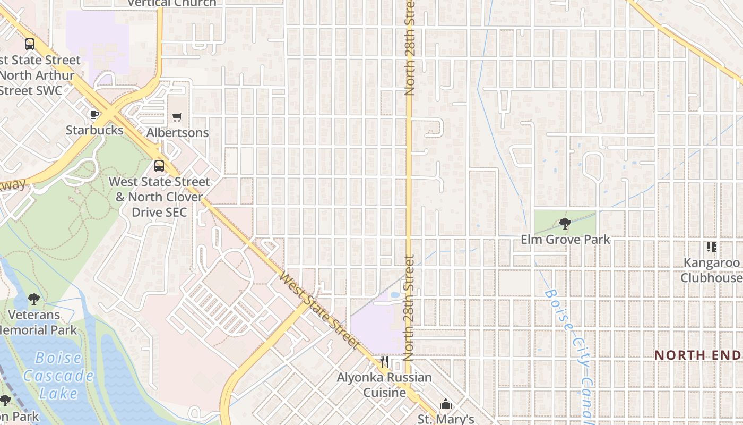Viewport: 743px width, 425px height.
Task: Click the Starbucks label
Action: click(x=94, y=130)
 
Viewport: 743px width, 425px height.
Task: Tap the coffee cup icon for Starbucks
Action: click(x=94, y=114)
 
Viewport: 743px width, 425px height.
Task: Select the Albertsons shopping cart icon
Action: click(x=177, y=117)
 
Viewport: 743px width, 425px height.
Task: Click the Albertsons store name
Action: click(x=177, y=132)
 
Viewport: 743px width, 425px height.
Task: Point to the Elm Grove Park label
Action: click(x=565, y=240)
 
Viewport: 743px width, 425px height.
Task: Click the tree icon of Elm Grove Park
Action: click(x=565, y=224)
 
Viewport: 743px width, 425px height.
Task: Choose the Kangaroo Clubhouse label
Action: click(x=711, y=270)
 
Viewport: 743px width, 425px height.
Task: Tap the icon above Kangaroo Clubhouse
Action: click(x=711, y=247)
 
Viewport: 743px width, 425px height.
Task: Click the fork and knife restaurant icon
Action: click(x=384, y=362)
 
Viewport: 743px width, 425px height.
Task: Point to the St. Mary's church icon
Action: click(x=446, y=405)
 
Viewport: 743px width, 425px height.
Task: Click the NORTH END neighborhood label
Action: click(x=697, y=355)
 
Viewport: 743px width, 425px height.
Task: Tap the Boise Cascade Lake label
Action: click(x=58, y=376)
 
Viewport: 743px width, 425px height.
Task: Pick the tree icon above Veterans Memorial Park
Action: click(x=34, y=299)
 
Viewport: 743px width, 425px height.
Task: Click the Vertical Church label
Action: click(x=172, y=4)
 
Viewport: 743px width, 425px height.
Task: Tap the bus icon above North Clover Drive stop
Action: click(x=159, y=166)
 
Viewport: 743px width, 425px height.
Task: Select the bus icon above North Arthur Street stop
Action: click(x=30, y=44)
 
